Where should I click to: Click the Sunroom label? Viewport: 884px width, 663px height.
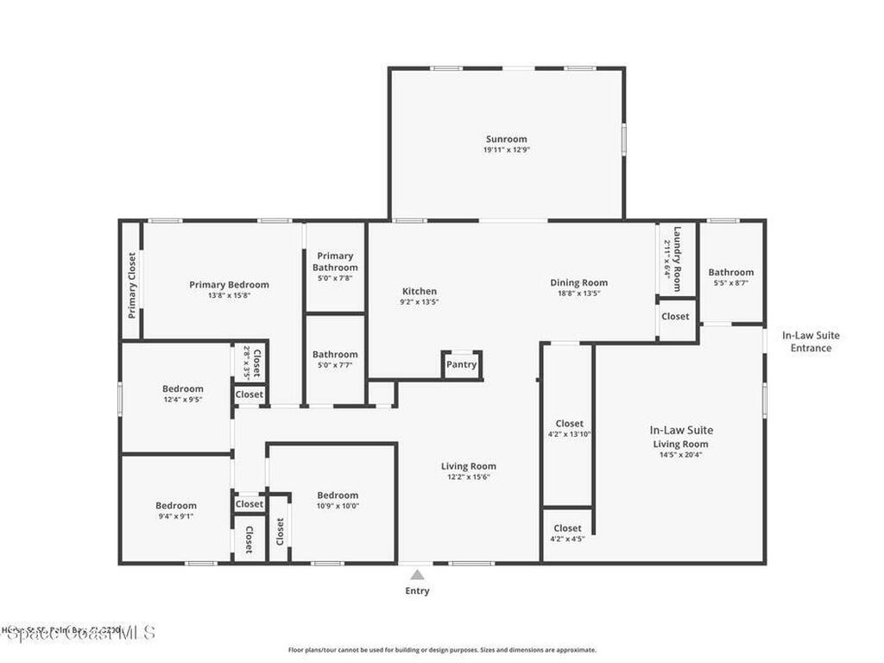[x=506, y=139]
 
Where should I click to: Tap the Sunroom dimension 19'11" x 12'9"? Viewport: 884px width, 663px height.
[x=506, y=150]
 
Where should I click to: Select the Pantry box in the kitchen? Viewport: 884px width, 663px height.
[x=461, y=364]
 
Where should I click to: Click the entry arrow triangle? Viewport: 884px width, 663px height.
[x=417, y=575]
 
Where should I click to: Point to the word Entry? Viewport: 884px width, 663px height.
[x=417, y=591]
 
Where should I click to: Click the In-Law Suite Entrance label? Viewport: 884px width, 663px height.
[x=811, y=342]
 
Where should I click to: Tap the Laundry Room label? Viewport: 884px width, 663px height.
[x=678, y=259]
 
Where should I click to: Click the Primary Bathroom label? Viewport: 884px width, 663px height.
[x=335, y=262]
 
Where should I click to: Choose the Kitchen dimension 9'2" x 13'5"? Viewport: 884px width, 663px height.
[x=420, y=302]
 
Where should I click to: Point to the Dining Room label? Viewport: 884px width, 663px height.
[x=578, y=282]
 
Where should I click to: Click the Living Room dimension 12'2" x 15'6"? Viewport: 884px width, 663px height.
[x=468, y=477]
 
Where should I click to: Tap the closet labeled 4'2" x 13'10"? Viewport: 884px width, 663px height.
[x=569, y=429]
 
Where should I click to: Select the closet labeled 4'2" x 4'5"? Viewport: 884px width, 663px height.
[x=567, y=534]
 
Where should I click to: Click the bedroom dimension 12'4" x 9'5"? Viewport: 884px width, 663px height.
[x=182, y=400]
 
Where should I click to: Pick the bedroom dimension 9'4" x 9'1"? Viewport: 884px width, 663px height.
[x=175, y=516]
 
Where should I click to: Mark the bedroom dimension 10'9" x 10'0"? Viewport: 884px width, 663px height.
[x=337, y=506]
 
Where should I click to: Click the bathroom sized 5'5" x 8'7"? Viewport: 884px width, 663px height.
[x=731, y=278]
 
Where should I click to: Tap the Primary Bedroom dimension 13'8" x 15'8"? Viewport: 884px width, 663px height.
[x=229, y=295]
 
